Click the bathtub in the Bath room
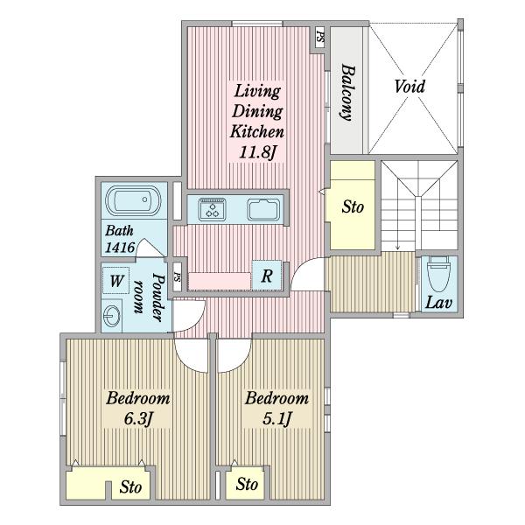[x=133, y=200]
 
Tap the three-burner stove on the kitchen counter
[x=212, y=210]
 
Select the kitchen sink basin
[x=263, y=210]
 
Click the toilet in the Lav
[x=438, y=274]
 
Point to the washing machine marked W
[x=115, y=281]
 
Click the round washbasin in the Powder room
[x=111, y=316]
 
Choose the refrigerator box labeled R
[x=267, y=276]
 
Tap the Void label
[x=409, y=87]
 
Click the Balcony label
[x=348, y=93]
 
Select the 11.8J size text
[x=257, y=152]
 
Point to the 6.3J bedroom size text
[x=138, y=418]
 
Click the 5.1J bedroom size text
[x=277, y=418]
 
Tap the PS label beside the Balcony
[x=320, y=36]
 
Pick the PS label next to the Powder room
[x=177, y=276]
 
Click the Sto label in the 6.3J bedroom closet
[x=130, y=486]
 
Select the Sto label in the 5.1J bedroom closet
[x=247, y=484]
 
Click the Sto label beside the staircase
[x=353, y=206]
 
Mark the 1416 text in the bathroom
[x=120, y=248]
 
